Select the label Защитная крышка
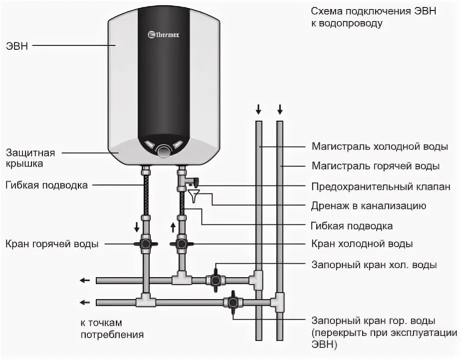coord(30,158)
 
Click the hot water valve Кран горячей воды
coord(146,244)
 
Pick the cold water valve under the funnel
coord(182,244)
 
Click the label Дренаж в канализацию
coord(368,205)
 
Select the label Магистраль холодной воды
coord(379,147)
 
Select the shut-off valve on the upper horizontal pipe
coord(216,279)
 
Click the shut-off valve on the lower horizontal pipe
coord(232,302)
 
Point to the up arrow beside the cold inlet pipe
coord(173,227)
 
